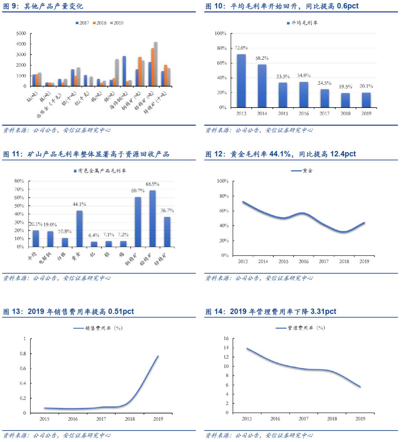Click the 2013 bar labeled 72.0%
pos(241,81)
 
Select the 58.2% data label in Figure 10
pos(262,58)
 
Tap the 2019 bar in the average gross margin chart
pos(366,100)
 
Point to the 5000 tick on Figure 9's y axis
pos(21,33)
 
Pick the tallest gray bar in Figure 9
pos(156,64)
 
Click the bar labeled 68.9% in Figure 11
pos(152,218)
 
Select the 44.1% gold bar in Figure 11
pos(79,228)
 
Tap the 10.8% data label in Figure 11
pos(65,231)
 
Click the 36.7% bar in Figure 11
pos(167,232)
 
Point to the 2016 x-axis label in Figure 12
pos(303,261)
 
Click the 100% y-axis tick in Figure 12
pos(223,181)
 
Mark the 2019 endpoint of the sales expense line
pos(158,356)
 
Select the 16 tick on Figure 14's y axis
pos(226,339)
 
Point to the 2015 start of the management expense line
pos(247,349)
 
